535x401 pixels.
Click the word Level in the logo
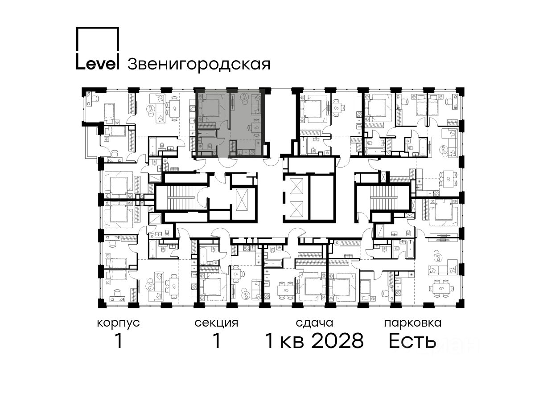pos(98,64)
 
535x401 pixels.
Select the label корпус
pos(119,323)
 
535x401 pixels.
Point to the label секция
pos(216,323)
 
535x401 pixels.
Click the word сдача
pos(314,323)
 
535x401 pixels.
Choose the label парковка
pos(413,323)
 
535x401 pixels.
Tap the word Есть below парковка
pos(412,341)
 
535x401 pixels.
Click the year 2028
pos(338,341)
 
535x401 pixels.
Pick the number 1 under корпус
pos(119,341)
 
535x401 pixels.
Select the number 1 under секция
pos(216,341)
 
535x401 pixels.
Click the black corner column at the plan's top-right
pos(460,91)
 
